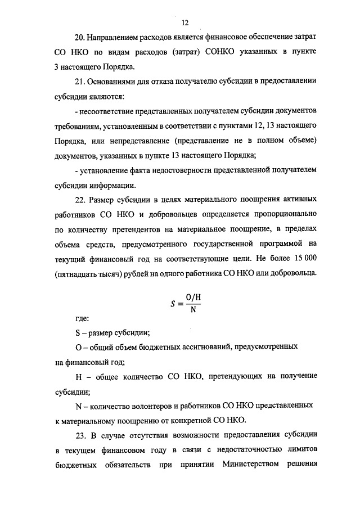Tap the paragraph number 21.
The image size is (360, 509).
(79, 82)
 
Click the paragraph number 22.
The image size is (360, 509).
(79, 200)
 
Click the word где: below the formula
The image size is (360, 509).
(82, 318)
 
